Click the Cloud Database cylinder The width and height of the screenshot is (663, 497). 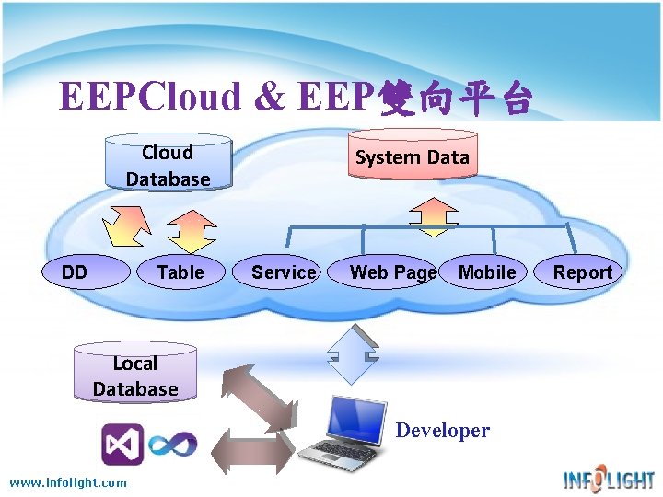[167, 165]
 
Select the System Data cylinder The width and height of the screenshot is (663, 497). [412, 157]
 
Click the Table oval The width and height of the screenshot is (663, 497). [180, 272]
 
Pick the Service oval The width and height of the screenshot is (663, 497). [284, 272]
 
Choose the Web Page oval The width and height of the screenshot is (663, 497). [392, 272]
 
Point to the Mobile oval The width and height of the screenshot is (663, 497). [487, 272]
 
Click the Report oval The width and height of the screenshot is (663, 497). [582, 272]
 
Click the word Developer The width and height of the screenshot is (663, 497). [442, 430]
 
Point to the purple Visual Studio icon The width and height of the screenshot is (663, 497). [122, 445]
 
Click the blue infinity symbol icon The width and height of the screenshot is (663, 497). [174, 445]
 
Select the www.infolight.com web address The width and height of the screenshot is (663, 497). [68, 482]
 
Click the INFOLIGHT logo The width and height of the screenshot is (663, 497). [609, 479]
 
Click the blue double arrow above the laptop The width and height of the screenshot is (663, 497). [353, 353]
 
